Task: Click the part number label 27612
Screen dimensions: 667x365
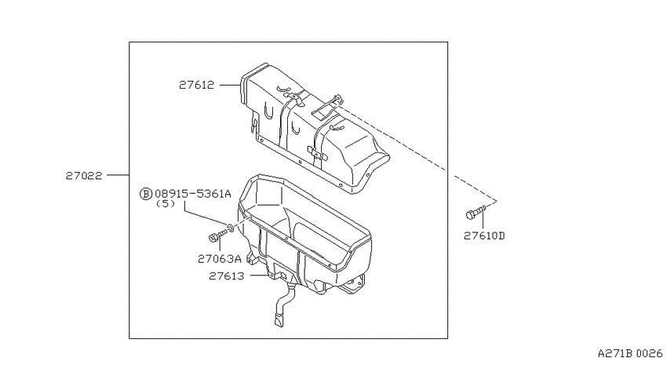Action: pos(196,85)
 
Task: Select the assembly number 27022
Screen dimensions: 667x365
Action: pos(84,175)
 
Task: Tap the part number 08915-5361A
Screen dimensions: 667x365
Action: pos(193,194)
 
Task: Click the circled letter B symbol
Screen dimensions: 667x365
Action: pos(145,194)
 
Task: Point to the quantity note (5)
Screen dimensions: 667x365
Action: pos(166,204)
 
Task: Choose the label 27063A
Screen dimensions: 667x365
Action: pos(220,259)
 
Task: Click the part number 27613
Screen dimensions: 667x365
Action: pos(227,276)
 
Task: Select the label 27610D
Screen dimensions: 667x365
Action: pos(484,235)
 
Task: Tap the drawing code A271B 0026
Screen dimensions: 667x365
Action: pos(630,353)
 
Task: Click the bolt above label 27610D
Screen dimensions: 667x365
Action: pos(476,212)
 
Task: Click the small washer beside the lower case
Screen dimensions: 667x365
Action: pos(230,228)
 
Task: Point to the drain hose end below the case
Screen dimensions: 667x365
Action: pos(279,320)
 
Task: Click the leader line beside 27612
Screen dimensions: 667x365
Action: pos(230,85)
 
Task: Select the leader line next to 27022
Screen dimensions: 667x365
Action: pos(118,175)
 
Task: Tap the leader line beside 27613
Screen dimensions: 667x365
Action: pos(260,276)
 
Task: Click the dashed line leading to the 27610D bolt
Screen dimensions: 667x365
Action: pos(417,153)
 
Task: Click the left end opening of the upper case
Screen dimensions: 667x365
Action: pos(244,90)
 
